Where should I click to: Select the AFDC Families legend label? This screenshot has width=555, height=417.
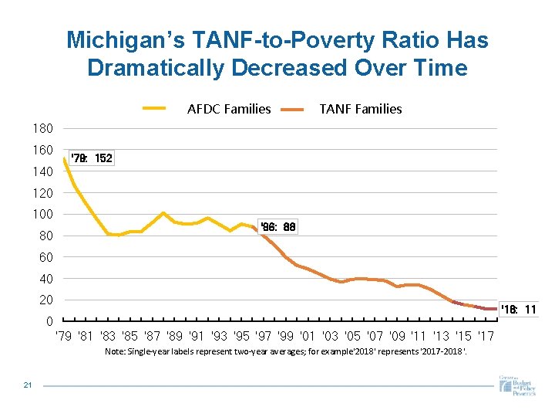229,109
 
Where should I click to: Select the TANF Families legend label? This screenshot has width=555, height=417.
361,109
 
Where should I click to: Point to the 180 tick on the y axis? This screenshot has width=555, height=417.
42,128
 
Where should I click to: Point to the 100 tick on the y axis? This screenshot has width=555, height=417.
42,214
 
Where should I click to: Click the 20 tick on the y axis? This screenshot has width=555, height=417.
45,300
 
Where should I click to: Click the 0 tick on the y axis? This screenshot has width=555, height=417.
49,321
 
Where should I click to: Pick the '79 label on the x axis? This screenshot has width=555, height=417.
66,336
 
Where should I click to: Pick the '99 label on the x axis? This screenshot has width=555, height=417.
286,336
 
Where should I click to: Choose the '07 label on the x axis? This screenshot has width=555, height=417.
375,336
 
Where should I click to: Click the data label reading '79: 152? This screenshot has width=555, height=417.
91,158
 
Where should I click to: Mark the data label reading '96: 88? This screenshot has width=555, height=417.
278,227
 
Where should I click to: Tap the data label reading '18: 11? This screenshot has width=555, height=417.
519,310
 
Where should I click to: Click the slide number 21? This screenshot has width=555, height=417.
28,386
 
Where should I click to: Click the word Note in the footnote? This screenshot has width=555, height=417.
113,352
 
